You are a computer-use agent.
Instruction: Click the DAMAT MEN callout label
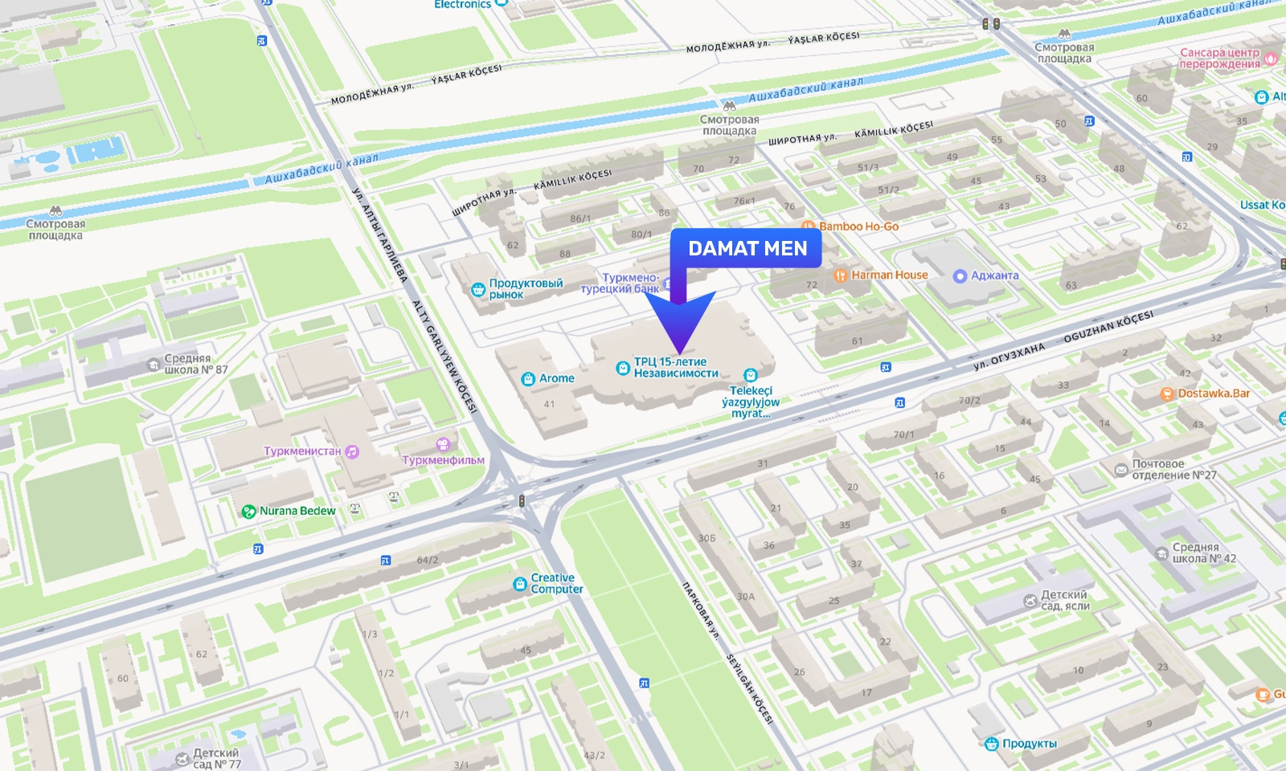747,249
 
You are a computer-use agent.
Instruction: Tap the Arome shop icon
528,379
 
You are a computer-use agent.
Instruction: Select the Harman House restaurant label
889,275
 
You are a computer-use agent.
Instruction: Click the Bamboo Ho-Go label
858,226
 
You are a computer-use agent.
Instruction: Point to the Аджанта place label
994,275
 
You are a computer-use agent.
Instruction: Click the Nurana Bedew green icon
249,512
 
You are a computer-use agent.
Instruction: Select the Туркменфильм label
443,460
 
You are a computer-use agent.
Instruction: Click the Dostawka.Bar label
1213,394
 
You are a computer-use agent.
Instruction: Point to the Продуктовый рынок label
525,288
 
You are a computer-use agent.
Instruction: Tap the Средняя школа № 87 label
195,364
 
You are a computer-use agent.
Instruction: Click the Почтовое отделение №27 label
1173,469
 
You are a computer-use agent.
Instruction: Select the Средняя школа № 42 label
1203,553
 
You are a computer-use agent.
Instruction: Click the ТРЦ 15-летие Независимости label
675,367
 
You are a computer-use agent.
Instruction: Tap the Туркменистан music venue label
302,451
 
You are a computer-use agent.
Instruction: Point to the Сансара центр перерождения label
1219,58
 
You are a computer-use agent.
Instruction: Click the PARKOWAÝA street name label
700,610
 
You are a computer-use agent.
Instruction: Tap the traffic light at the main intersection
522,501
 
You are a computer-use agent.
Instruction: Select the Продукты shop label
1029,744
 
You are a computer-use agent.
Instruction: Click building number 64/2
428,560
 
